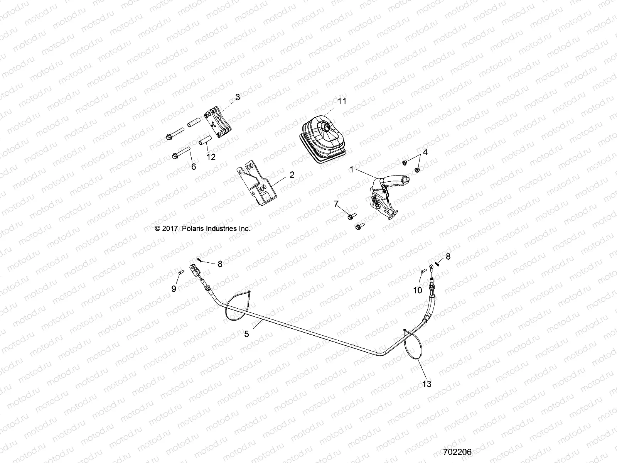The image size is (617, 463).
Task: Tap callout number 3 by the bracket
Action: [x=238, y=97]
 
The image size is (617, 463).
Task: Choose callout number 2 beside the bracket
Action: [x=292, y=175]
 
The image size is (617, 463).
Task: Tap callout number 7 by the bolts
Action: [x=336, y=203]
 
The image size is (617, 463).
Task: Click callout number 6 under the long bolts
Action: [x=194, y=166]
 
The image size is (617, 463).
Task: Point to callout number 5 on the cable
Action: [x=247, y=334]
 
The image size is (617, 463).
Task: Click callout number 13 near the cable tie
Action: [x=427, y=384]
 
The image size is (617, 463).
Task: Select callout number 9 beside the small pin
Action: [x=174, y=288]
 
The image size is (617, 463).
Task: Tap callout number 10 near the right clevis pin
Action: [x=418, y=291]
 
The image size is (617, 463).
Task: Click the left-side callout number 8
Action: [x=220, y=264]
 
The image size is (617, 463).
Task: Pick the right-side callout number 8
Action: [x=448, y=256]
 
